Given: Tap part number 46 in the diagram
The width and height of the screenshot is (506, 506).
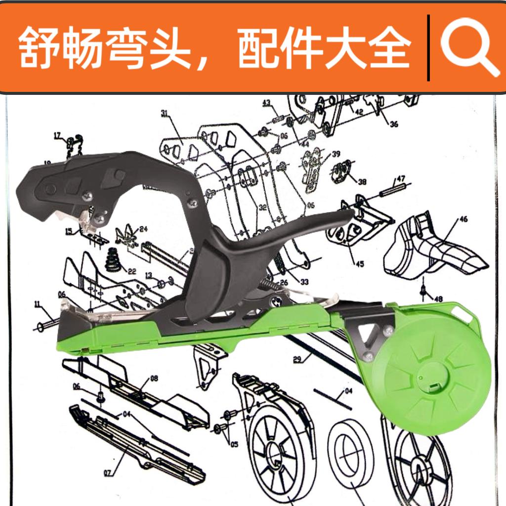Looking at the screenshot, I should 463,219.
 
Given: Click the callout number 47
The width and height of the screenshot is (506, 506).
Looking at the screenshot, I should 400,178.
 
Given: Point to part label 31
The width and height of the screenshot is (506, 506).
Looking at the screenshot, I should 165,114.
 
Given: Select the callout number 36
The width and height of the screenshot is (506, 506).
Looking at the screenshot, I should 393,124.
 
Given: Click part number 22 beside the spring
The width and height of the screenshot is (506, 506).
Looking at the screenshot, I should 131,271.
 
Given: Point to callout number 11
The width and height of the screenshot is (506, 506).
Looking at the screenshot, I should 37,304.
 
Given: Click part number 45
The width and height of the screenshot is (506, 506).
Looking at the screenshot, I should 359,263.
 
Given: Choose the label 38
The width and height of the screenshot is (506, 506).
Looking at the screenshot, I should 362,181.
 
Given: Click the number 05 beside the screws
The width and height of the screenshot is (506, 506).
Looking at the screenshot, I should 234,444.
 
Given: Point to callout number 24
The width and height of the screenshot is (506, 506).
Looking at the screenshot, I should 144,229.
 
